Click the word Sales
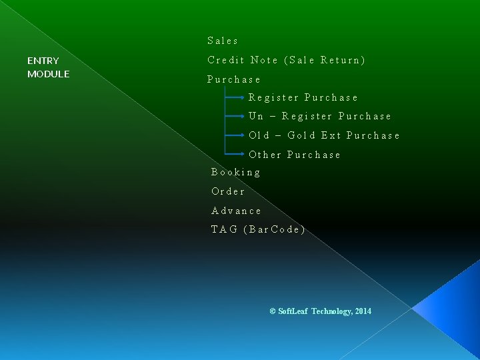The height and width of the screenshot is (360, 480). (x=223, y=41)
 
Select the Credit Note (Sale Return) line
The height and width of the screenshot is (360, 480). (x=286, y=60)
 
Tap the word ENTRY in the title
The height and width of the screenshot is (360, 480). (x=43, y=61)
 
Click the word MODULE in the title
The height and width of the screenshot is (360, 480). (x=48, y=74)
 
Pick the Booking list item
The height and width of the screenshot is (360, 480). (x=236, y=172)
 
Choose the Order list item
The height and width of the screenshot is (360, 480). (x=228, y=191)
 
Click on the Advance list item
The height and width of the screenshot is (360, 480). (x=236, y=211)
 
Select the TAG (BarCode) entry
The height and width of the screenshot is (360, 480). (x=258, y=229)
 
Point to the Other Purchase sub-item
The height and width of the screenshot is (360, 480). (x=294, y=155)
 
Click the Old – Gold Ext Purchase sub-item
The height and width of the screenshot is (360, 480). (x=324, y=135)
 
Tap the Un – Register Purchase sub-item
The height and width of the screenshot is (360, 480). (x=319, y=116)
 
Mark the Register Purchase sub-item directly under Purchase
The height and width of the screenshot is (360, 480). (x=303, y=97)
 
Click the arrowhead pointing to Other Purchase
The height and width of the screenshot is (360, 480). (x=243, y=154)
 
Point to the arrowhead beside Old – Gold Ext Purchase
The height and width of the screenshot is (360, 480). (x=243, y=135)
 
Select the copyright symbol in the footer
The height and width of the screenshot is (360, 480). (x=273, y=311)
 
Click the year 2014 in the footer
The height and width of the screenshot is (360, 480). (x=363, y=311)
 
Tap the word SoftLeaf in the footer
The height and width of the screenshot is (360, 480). (x=293, y=311)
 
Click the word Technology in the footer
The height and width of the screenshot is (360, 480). (x=331, y=311)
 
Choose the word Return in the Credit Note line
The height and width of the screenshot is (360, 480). (x=343, y=60)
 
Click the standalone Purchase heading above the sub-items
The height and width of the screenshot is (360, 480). (x=233, y=79)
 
